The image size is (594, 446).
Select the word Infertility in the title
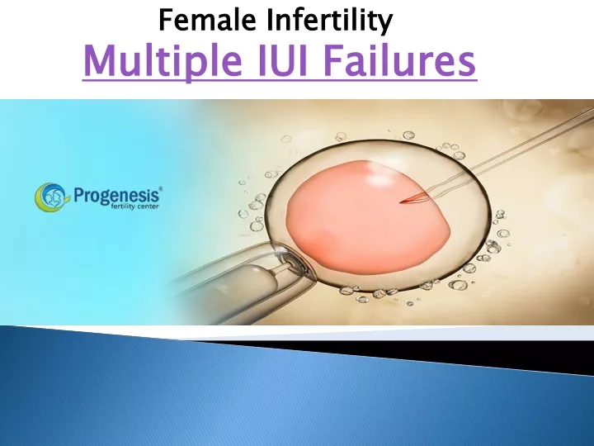330,21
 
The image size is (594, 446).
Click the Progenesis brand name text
117,195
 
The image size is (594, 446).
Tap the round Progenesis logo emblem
51,197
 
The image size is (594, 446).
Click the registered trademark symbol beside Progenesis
161,188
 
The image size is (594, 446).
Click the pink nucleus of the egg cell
367,217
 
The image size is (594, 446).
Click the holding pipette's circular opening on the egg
291,262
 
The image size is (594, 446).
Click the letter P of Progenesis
79,195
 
